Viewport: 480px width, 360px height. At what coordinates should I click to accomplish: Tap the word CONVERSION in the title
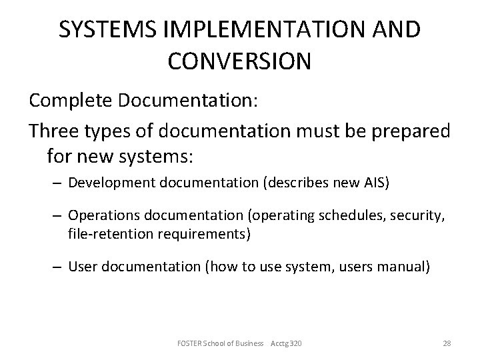tap(239, 61)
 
